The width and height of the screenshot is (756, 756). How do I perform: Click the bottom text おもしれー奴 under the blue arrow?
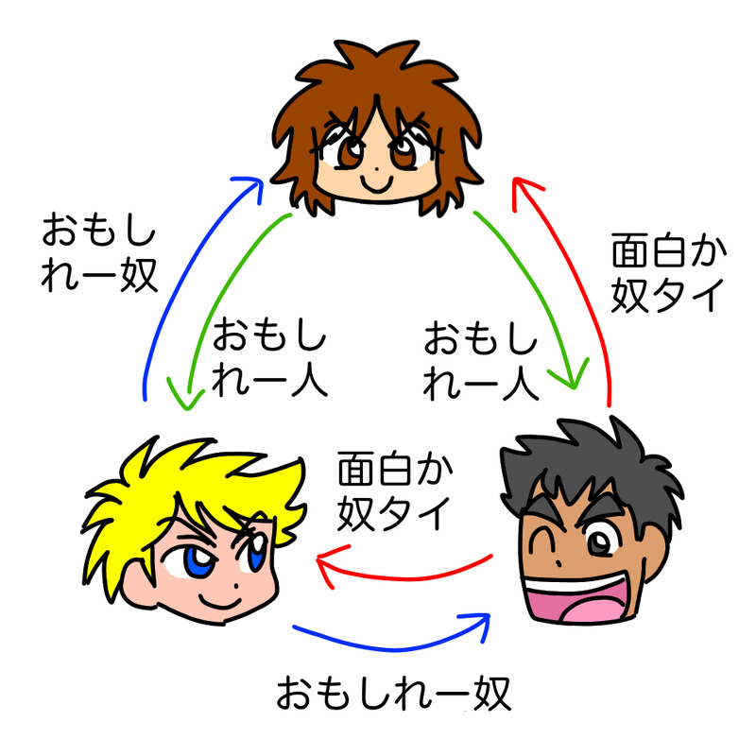392,695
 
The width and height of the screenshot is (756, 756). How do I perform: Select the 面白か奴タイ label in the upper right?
667,274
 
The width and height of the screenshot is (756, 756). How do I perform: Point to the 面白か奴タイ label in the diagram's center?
392,491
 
